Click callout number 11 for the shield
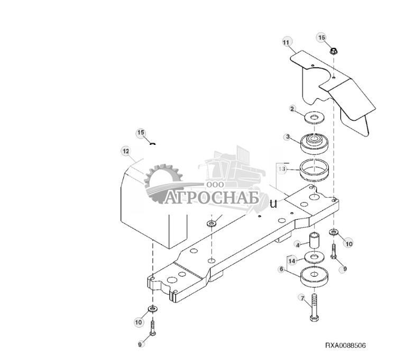286,42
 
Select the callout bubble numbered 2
292,109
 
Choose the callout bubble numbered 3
288,137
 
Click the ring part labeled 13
316,171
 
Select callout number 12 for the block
126,151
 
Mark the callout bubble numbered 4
298,245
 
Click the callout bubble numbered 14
291,260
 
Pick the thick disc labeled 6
315,277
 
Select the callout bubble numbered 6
281,269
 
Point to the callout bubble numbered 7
302,298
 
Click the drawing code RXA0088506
345,346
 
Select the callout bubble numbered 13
282,169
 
